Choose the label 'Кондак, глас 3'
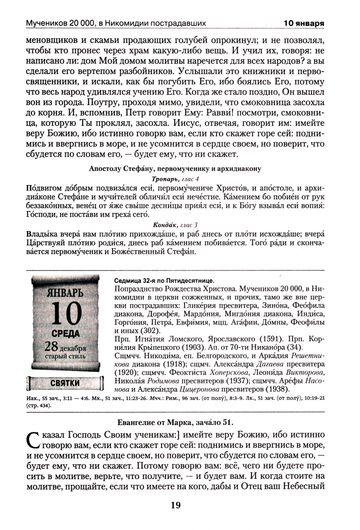[x=176, y=225]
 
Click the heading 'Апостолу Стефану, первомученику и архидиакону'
[x=175, y=168]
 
